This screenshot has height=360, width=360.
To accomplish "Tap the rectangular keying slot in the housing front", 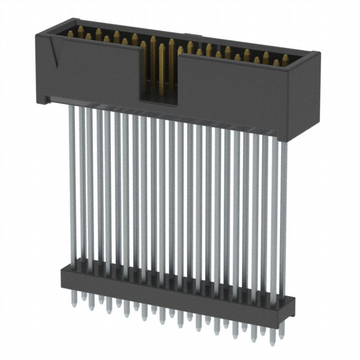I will click(x=158, y=73).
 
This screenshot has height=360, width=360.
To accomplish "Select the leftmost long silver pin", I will click(x=72, y=186).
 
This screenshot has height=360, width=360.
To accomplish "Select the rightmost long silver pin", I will click(x=282, y=214).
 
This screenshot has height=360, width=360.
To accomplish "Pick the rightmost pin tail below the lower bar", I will click(x=273, y=339).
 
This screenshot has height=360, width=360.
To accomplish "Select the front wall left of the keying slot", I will click(x=90, y=73).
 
